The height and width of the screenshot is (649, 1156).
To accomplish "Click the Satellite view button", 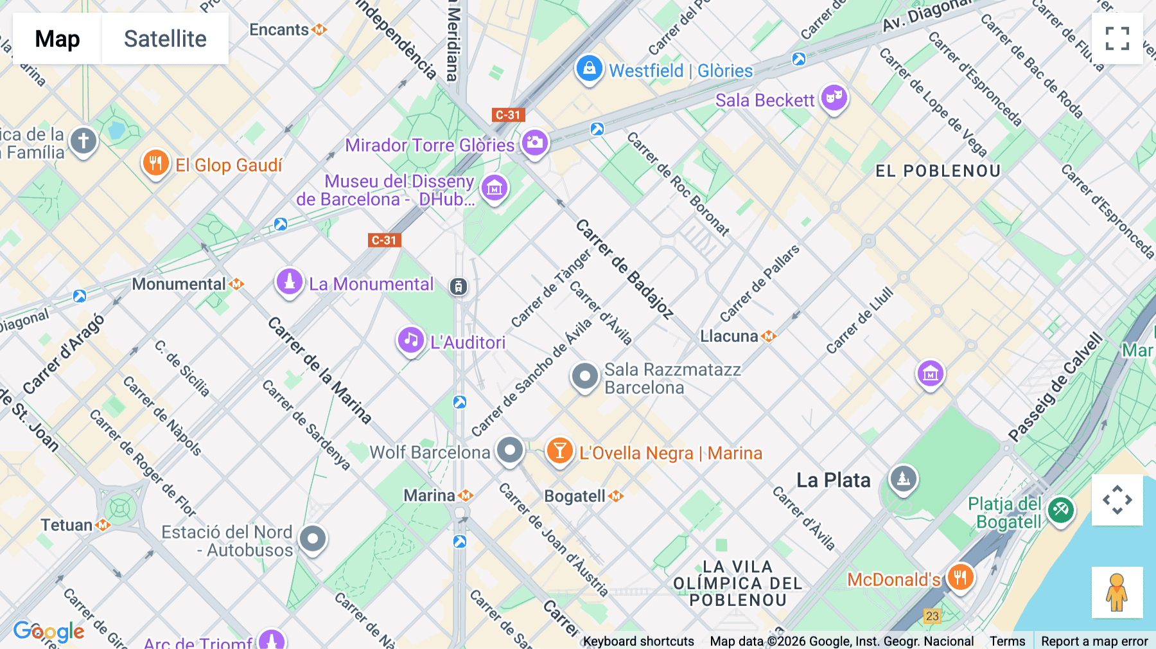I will coord(165,39).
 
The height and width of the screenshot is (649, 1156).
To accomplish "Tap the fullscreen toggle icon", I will coord(1117,39).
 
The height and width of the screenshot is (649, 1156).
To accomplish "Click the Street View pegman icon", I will coord(1117,592).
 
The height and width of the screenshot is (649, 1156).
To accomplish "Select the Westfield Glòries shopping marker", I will coord(589,69).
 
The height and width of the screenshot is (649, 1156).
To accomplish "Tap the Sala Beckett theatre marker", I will coord(834,98).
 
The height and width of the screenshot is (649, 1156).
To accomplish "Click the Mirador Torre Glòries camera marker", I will coord(534,143).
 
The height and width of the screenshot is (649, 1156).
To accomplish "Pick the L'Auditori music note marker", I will coord(410,341).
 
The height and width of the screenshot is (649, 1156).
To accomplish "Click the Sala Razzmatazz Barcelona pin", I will coord(584,377).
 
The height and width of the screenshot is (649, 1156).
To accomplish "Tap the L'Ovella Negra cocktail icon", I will coord(559,451).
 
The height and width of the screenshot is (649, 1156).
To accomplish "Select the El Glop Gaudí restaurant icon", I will coord(155,163).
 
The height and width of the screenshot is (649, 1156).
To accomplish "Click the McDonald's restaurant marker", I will coord(959,578).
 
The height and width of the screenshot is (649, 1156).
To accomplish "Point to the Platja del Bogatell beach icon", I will coord(1060,511).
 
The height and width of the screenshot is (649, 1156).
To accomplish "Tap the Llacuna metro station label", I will coord(730,336).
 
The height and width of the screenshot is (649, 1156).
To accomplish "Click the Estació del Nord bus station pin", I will coord(313,539).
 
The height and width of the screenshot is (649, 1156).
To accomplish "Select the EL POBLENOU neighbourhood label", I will coord(938,171).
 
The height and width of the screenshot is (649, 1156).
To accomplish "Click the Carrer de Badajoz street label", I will coord(624,269).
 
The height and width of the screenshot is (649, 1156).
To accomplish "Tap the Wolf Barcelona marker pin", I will coord(510,450).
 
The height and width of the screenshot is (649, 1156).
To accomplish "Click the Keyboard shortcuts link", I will coord(638,641).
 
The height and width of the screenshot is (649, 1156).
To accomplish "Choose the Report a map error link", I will coord(1094,641).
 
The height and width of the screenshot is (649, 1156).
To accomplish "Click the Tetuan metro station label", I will coord(67,525).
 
